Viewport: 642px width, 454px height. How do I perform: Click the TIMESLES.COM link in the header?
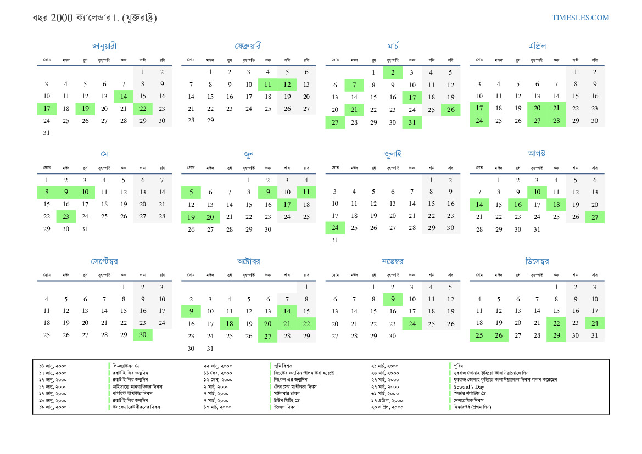pyautogui.click(x=580, y=18)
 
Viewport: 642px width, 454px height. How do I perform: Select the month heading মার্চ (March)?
pyautogui.click(x=393, y=46)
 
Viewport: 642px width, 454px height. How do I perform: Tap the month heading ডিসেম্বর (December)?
pyautogui.click(x=537, y=261)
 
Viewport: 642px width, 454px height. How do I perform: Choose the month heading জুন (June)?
pyautogui.click(x=248, y=154)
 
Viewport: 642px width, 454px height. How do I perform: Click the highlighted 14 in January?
pyautogui.click(x=124, y=96)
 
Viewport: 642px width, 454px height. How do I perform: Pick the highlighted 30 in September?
pyautogui.click(x=143, y=335)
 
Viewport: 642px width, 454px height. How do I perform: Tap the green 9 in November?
pyautogui.click(x=393, y=299)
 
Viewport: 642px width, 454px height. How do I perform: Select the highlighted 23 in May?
pyautogui.click(x=66, y=216)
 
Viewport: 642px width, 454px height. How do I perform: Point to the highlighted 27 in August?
pyautogui.click(x=595, y=217)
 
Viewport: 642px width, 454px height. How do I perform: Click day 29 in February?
pyautogui.click(x=210, y=120)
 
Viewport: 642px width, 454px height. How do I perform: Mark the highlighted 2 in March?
pyautogui.click(x=393, y=72)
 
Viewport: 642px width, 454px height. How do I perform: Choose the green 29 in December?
pyautogui.click(x=556, y=335)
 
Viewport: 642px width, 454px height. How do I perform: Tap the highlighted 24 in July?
pyautogui.click(x=335, y=228)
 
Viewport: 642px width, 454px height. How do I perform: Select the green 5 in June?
pyautogui.click(x=191, y=192)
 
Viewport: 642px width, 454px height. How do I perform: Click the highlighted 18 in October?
pyautogui.click(x=229, y=324)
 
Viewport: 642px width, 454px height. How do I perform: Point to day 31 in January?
pyautogui.click(x=47, y=132)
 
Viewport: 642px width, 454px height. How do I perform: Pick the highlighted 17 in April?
pyautogui.click(x=479, y=108)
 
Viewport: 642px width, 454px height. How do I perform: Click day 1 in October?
pyautogui.click(x=306, y=287)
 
